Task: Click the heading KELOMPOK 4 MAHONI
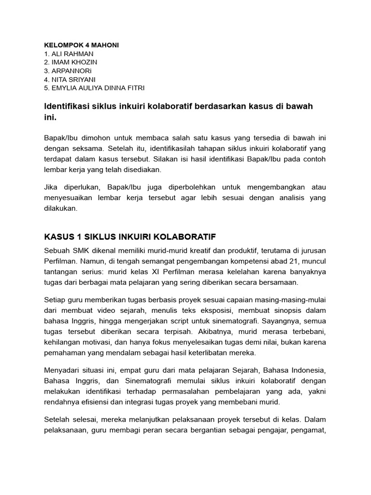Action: pos(81,45)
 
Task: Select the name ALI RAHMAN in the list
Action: pos(70,54)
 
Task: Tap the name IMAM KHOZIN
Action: pos(71,62)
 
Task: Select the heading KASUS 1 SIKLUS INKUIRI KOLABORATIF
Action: pos(130,237)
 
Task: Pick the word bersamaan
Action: pos(277,282)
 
